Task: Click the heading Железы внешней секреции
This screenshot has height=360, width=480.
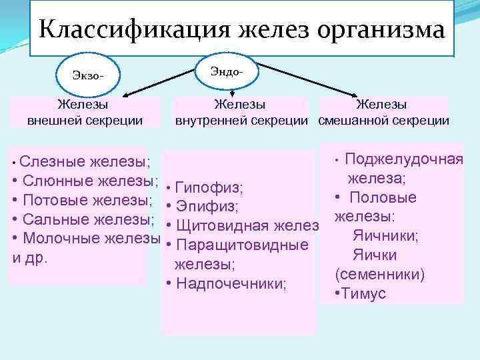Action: [x=85, y=112]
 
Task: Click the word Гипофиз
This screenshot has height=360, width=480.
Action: [x=212, y=187]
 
